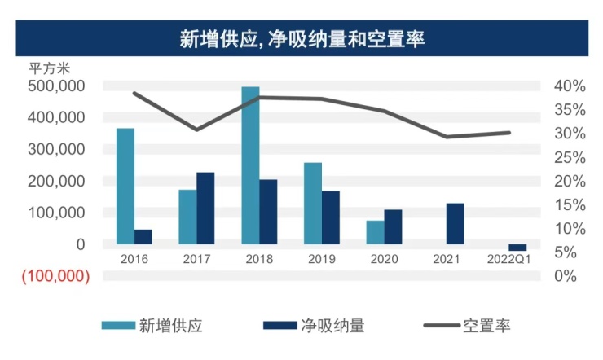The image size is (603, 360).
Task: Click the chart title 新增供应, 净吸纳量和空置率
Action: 301,38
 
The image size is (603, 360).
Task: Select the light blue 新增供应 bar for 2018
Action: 250,165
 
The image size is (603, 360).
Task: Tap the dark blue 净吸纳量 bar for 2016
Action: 143,236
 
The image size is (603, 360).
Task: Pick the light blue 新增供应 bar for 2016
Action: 125,186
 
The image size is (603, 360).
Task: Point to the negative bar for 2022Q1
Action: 517,248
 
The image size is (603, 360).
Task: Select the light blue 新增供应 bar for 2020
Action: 375,232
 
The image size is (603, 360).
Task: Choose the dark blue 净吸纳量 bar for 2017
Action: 205,208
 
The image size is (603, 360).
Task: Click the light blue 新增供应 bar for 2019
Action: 313,203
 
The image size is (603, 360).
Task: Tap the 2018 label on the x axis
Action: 259,259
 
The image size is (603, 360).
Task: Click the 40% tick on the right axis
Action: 569,86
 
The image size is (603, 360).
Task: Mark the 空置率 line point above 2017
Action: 196,130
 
